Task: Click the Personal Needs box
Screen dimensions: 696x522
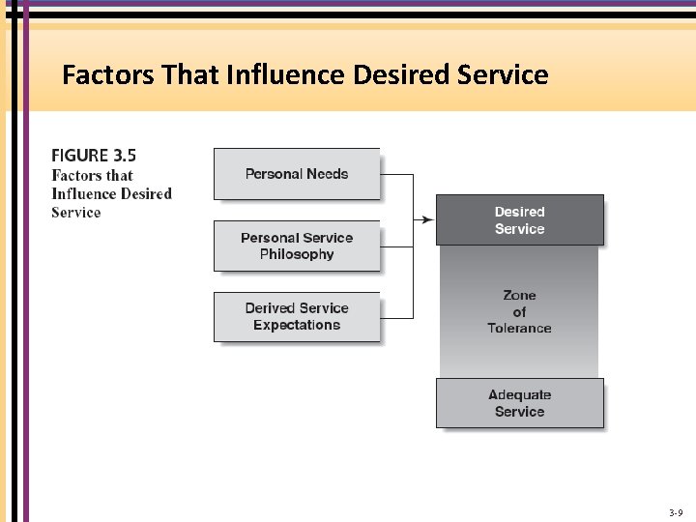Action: [x=296, y=174]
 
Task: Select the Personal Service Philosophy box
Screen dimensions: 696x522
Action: [x=296, y=246]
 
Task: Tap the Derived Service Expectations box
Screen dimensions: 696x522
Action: [x=296, y=316]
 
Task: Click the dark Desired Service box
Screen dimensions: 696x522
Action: [x=520, y=220]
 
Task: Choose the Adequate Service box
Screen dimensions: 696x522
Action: [x=519, y=403]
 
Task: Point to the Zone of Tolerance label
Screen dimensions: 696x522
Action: [x=519, y=311]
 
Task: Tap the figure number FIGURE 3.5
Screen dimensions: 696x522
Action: [x=94, y=155]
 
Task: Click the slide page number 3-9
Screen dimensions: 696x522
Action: [x=676, y=511]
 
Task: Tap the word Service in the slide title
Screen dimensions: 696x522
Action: [x=505, y=74]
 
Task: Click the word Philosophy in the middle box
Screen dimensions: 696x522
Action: [x=297, y=254]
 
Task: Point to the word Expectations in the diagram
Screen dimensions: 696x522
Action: [x=297, y=325]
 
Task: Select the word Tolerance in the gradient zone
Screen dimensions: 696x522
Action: [x=519, y=328]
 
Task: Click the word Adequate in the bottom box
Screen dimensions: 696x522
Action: [x=520, y=394]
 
